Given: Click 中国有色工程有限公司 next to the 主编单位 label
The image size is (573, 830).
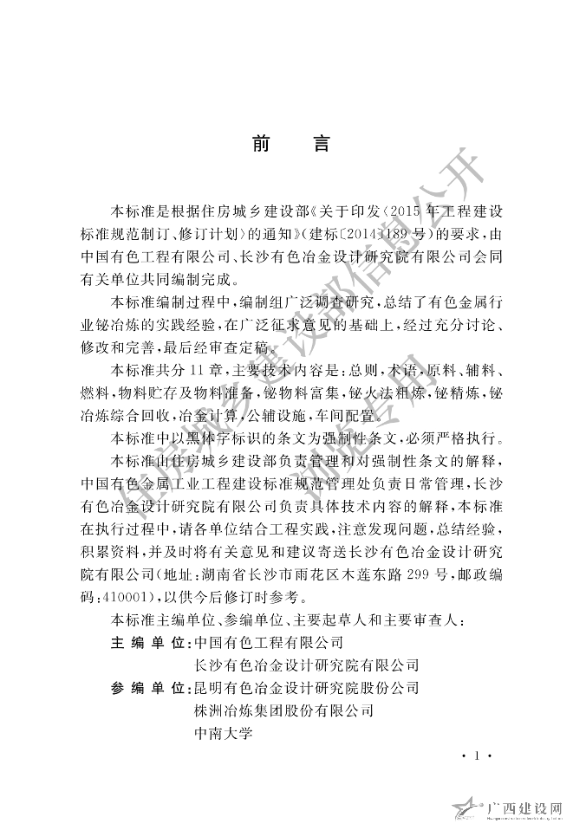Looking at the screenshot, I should (x=270, y=643).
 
